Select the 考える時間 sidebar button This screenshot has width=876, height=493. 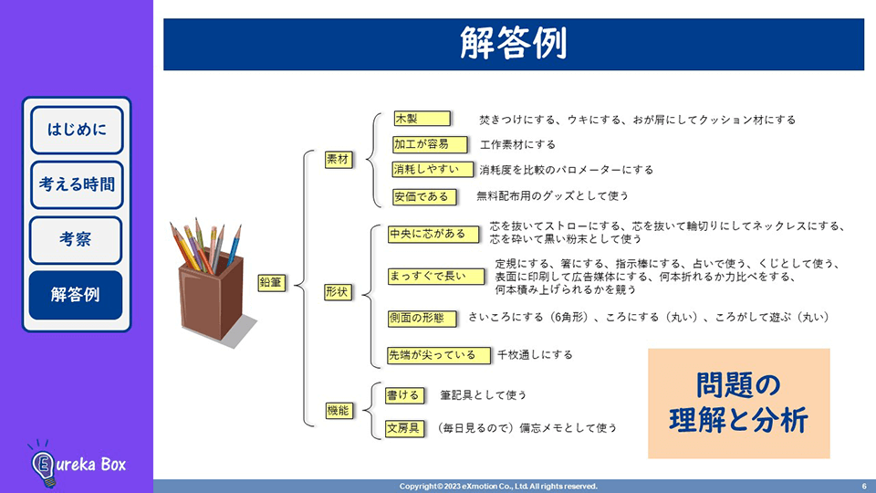click(x=77, y=184)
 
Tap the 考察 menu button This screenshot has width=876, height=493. click(x=77, y=239)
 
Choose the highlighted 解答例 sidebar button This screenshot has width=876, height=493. click(x=77, y=294)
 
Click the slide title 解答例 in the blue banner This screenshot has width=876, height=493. click(x=513, y=43)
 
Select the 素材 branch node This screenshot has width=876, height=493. click(x=338, y=159)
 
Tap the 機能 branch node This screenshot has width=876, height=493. click(x=338, y=411)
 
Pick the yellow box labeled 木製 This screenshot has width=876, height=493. click(x=422, y=119)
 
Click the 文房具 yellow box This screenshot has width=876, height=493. click(x=403, y=427)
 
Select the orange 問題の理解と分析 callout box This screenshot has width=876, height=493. click(x=738, y=403)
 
